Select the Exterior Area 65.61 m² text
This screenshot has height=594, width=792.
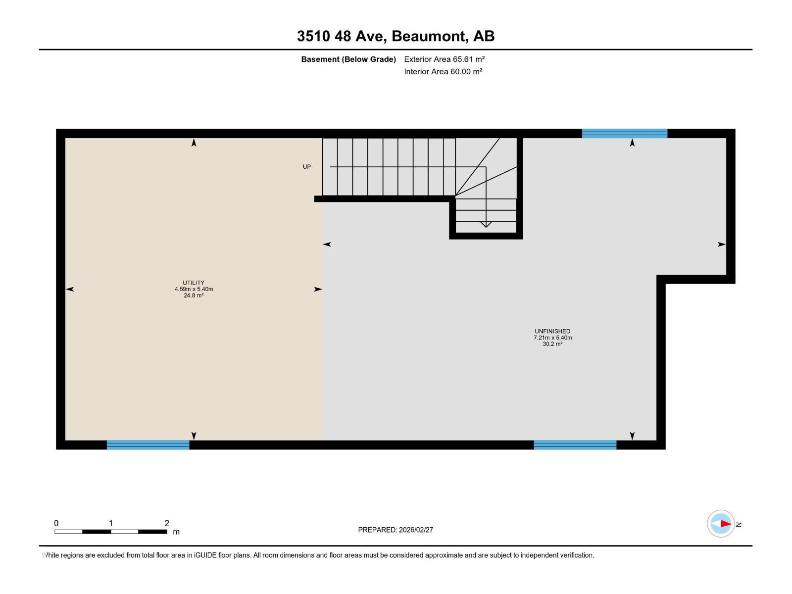[444, 59]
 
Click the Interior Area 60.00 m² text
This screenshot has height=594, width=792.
[443, 72]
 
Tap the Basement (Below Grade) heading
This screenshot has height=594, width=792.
[348, 59]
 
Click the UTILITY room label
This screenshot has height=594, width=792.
[194, 283]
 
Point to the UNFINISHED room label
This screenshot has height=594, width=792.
[552, 331]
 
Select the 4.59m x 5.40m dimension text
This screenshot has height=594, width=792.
[194, 289]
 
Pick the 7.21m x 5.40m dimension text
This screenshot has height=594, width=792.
[552, 338]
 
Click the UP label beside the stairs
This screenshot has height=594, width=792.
[307, 167]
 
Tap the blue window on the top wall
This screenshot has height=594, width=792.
[624, 133]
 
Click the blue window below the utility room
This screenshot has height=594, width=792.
[148, 445]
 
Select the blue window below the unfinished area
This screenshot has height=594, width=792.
[575, 445]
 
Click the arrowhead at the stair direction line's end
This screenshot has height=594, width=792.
[486, 225]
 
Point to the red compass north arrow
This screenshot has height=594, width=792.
[725, 524]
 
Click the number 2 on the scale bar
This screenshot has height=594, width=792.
[167, 523]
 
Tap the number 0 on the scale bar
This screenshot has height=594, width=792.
[56, 523]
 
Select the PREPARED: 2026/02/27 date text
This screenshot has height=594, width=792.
[396, 530]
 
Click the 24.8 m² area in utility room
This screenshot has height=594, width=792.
[194, 296]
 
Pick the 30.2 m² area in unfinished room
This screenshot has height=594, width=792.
[552, 344]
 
